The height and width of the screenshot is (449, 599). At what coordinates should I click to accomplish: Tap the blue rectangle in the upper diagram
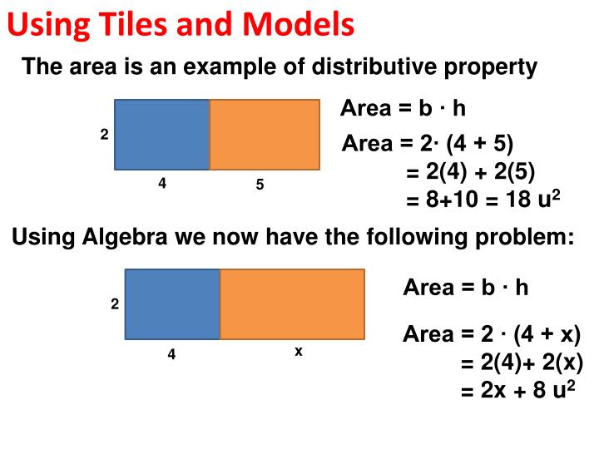click(161, 134)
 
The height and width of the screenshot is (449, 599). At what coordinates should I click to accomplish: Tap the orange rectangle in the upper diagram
click(264, 134)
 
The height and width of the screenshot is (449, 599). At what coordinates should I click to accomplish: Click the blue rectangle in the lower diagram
click(172, 304)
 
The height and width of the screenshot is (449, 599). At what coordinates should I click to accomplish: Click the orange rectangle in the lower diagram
click(292, 304)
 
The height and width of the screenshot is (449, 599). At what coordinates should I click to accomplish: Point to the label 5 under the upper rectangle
click(260, 185)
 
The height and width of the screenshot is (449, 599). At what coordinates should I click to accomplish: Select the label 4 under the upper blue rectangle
click(162, 184)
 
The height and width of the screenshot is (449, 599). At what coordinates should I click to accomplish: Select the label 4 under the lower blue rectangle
click(171, 354)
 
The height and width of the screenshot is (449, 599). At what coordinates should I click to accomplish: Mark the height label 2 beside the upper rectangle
click(105, 134)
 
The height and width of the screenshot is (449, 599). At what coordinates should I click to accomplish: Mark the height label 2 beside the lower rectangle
click(115, 304)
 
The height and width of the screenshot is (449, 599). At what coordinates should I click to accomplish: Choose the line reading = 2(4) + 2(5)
click(470, 172)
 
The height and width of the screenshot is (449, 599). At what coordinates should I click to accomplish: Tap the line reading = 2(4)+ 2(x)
click(522, 363)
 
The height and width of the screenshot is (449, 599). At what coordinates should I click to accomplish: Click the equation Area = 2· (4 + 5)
click(428, 144)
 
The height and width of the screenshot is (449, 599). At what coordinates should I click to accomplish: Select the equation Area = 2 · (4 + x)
click(491, 335)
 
